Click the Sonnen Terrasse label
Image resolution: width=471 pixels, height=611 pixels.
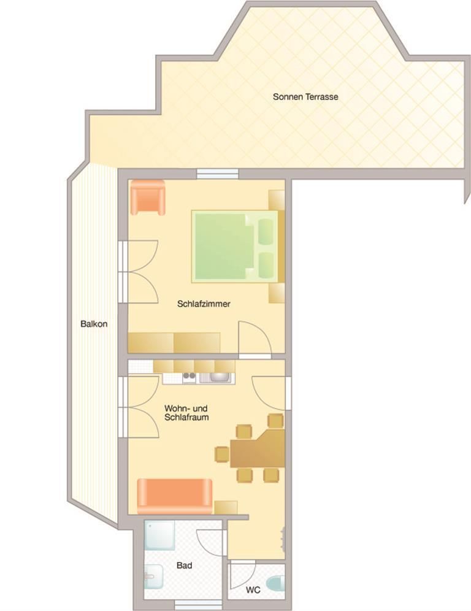point(305,97)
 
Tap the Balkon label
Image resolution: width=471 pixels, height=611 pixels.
point(94,324)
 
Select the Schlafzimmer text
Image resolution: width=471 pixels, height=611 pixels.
point(204,304)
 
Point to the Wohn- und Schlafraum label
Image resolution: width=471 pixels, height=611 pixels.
point(186,413)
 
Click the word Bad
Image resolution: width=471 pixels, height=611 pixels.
point(184,565)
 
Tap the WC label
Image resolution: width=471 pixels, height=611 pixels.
point(253,590)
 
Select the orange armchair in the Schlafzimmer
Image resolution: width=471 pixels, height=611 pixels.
point(148,197)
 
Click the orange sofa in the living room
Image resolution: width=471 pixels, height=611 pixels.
point(175,496)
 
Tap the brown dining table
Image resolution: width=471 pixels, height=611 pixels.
point(258,448)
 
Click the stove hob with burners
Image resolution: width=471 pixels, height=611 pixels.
point(190,377)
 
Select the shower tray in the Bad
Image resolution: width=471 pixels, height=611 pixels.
point(159,536)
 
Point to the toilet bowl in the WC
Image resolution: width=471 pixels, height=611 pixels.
point(276,584)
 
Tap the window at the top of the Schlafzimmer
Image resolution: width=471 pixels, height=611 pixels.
point(217,174)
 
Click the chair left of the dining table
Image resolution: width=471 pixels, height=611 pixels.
point(222,455)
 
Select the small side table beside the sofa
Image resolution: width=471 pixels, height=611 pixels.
point(226,507)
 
